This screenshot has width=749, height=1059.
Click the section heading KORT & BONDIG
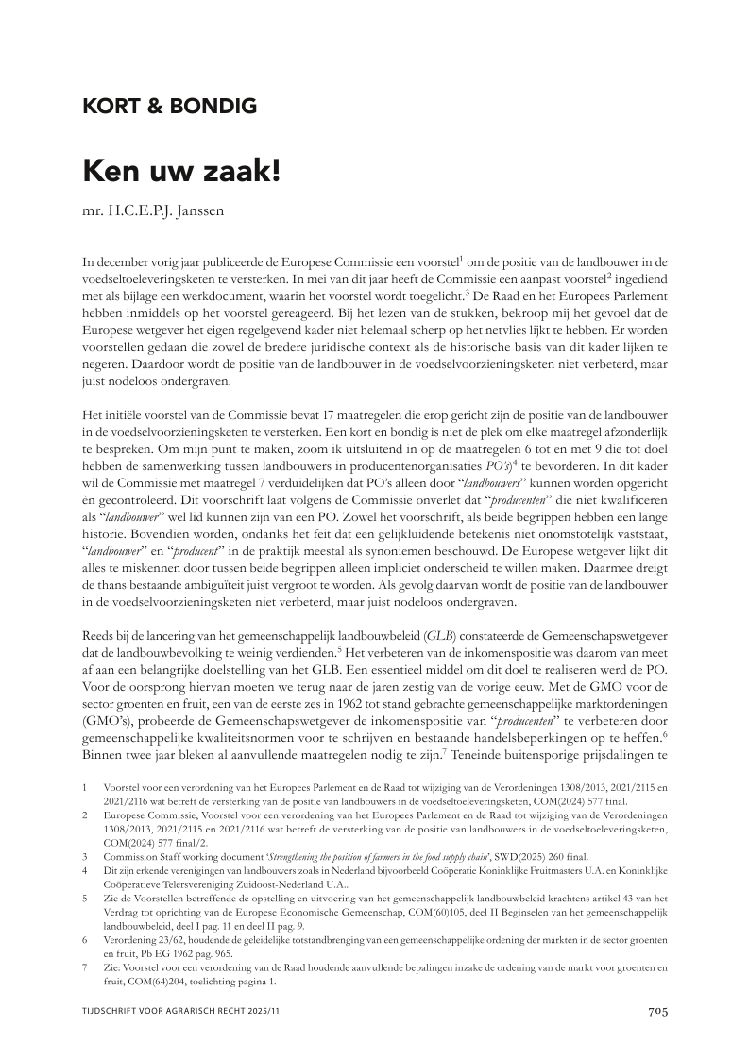170,106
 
